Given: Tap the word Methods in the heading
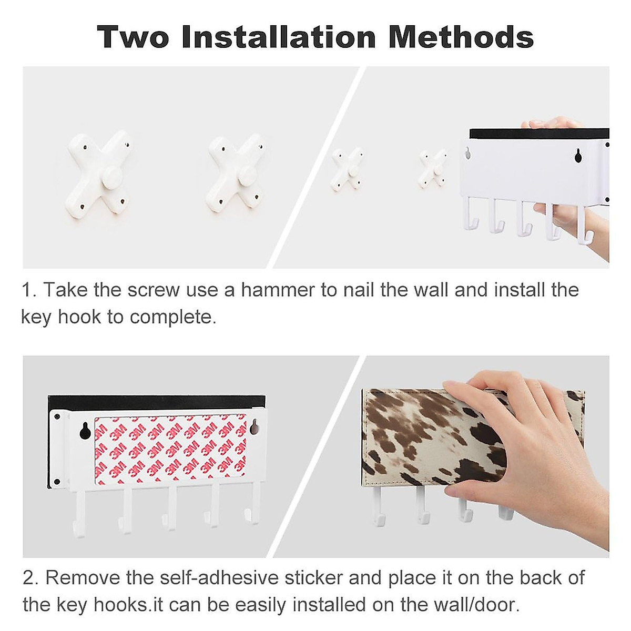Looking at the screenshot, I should point(461,37).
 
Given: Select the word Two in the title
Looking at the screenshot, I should point(134,37).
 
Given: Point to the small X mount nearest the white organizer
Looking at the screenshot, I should point(433,168).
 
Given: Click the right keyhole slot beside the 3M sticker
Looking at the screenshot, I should point(255,427).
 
